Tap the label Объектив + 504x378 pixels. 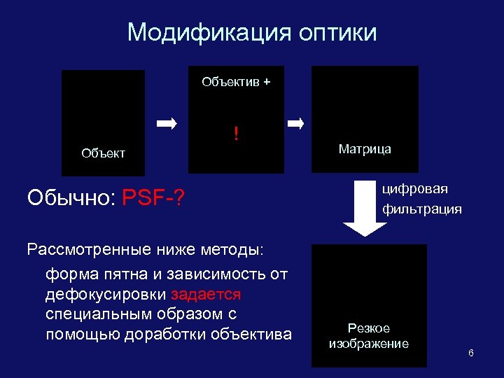(236, 82)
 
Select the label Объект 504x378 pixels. (103, 153)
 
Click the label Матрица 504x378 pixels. (365, 148)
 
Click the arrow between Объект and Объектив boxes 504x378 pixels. (167, 125)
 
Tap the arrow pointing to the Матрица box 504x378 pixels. (296, 125)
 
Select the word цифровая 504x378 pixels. (415, 189)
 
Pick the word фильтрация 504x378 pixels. (421, 209)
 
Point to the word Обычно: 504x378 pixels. (71, 198)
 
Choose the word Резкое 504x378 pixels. (369, 328)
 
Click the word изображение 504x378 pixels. (369, 343)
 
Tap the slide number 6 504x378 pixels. (471, 352)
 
